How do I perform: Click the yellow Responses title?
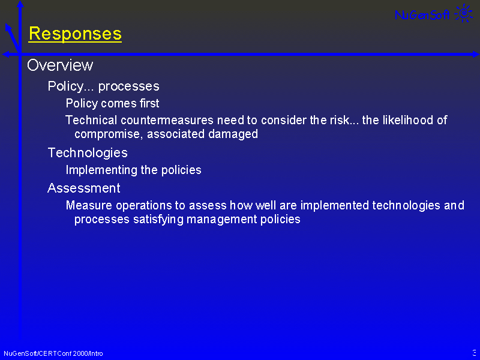75,34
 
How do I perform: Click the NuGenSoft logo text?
422,14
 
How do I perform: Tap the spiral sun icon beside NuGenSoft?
464,13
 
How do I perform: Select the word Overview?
60,65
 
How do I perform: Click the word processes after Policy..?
128,86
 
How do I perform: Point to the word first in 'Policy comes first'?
149,103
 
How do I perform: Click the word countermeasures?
167,120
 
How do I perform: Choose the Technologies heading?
88,153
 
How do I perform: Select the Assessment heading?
84,188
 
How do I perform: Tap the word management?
221,220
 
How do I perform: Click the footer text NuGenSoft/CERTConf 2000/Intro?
53,353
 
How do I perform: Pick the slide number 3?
475,352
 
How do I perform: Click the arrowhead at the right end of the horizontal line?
476,55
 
